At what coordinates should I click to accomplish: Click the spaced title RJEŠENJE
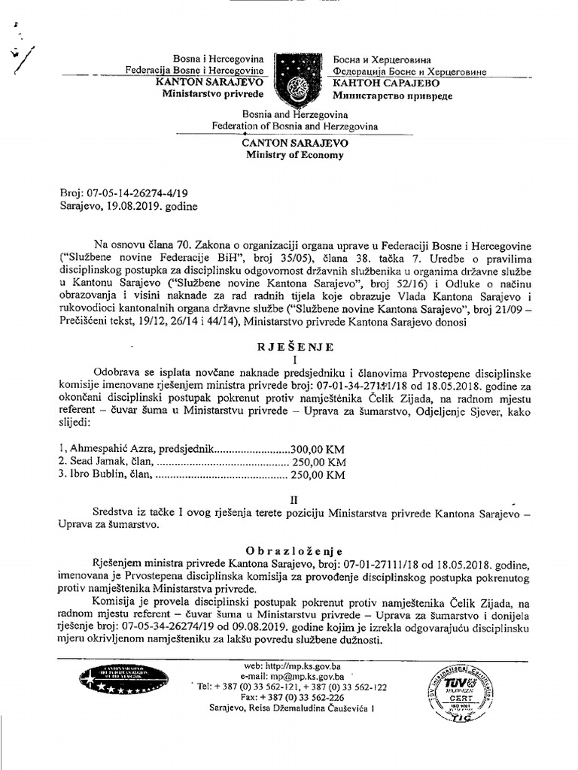click(x=294, y=347)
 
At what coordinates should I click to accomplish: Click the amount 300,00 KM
click(x=323, y=447)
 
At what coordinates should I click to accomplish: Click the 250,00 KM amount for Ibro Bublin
click(x=318, y=474)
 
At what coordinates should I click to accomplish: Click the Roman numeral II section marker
click(x=294, y=499)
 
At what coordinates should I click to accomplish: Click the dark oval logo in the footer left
click(x=114, y=681)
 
